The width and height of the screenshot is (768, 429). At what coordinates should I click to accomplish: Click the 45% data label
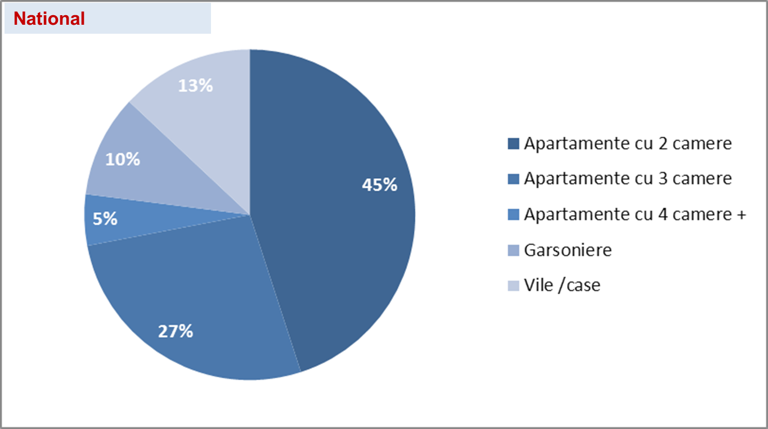coord(380,184)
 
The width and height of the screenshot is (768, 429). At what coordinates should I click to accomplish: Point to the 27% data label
coord(176,331)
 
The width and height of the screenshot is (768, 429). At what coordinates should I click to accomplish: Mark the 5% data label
coord(105,219)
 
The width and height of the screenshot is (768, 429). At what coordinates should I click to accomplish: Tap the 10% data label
coord(123,160)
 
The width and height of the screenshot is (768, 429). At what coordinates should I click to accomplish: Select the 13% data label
coord(195,85)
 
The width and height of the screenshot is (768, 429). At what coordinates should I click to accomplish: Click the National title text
coord(49,19)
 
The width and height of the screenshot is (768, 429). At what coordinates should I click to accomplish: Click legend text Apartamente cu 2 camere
coord(627,143)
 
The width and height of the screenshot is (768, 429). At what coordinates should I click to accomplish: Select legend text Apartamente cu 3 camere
coord(627,179)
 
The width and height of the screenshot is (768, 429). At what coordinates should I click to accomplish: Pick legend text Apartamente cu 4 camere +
coord(635,214)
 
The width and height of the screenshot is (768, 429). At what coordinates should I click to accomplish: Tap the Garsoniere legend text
coord(567,250)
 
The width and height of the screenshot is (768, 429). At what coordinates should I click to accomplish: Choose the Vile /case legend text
coord(562,285)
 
